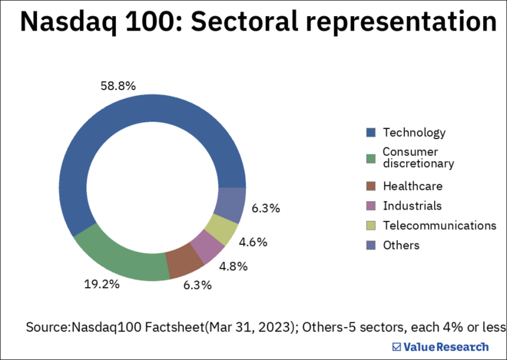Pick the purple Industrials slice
click(207, 246)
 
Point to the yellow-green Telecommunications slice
click(222, 228)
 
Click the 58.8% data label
click(118, 86)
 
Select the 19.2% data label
click(102, 283)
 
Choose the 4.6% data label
click(253, 242)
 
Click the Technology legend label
click(414, 133)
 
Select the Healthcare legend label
click(413, 186)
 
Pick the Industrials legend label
click(413, 206)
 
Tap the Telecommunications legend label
click(439, 225)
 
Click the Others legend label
click(401, 245)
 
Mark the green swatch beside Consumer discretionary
click(370, 158)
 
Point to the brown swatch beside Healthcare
click(370, 186)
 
